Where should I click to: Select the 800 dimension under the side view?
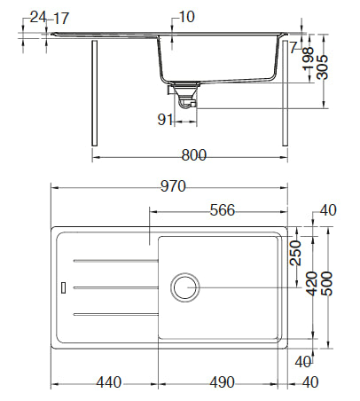pos(192,155)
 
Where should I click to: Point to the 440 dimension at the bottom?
pos(107,382)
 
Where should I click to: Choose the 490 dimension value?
pos(222,382)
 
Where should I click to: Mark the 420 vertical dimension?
pos(311,283)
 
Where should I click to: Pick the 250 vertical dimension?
pos(296,254)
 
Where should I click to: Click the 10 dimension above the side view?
pos(185,17)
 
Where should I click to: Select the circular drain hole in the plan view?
pos(185,287)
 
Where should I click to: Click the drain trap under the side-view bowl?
pos(184,94)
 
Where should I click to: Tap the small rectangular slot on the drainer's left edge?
pos(63,287)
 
